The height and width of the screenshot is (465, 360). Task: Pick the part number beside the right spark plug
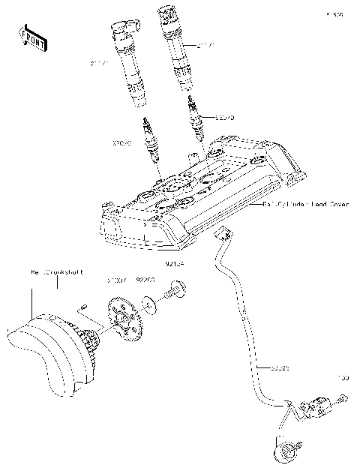[x=225, y=118]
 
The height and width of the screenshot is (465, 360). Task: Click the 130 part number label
[x=343, y=377]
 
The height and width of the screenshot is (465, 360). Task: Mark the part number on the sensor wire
[x=279, y=368]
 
